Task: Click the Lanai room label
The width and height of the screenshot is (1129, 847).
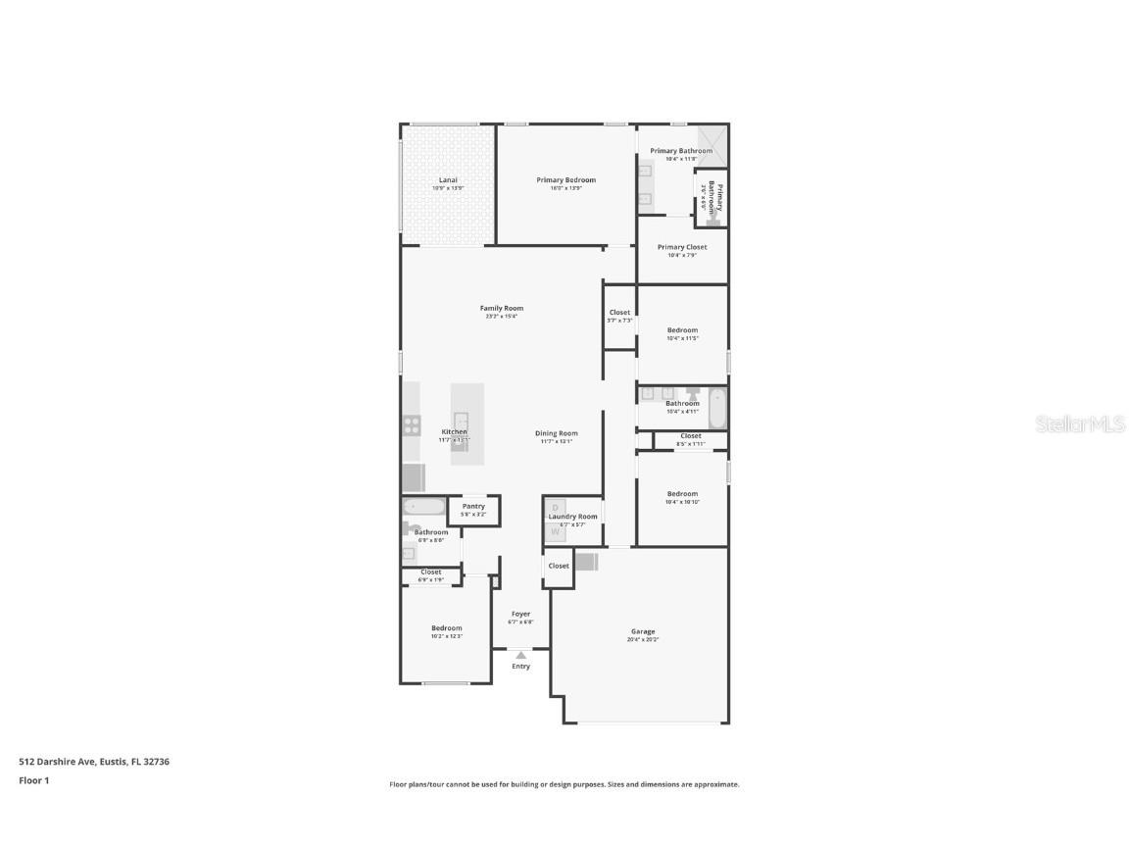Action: pos(448,180)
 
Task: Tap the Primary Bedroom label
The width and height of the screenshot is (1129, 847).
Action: pos(565,180)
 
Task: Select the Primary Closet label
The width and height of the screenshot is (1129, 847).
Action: pos(682,247)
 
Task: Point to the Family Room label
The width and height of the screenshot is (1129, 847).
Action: pos(501,308)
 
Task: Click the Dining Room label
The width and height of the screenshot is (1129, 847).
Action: pos(556,433)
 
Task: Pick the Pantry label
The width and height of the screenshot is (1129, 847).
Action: pos(473,506)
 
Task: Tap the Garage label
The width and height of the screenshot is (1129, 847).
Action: pos(643,631)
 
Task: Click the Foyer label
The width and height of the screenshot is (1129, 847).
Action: pos(520,614)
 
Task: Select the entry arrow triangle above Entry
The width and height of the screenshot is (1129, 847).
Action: pos(520,655)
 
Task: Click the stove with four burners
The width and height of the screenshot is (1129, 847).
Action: pos(412,424)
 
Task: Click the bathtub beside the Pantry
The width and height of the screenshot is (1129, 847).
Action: pos(423,507)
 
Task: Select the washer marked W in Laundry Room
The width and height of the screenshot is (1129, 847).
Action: pos(555,531)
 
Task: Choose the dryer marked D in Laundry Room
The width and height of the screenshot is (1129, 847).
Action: pos(555,508)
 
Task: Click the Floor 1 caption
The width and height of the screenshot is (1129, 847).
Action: pos(33,780)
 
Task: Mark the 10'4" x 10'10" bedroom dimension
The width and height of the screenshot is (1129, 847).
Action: pos(682,502)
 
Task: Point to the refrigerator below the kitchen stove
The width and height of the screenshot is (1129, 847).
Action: pos(413,477)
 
